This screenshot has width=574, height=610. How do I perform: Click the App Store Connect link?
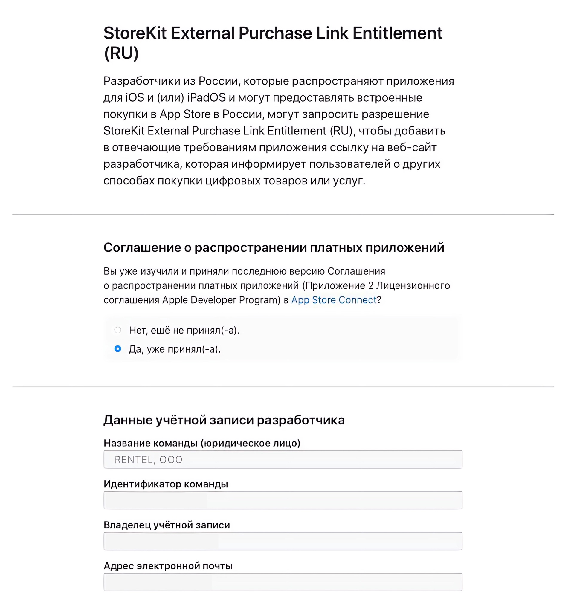click(x=334, y=300)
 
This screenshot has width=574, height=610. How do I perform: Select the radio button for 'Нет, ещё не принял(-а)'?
click(x=117, y=330)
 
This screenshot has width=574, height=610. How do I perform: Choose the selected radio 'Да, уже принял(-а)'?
click(x=117, y=349)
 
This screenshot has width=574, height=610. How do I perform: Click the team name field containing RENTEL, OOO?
click(x=283, y=459)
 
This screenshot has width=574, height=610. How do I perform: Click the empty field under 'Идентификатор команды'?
click(x=283, y=500)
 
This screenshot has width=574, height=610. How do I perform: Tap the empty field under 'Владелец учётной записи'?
click(x=283, y=541)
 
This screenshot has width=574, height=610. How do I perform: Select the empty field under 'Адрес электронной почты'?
click(x=283, y=582)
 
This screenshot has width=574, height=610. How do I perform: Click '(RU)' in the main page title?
click(x=121, y=53)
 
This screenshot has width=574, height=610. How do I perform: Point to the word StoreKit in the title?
click(x=135, y=33)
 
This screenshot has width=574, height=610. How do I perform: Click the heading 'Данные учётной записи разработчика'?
click(x=224, y=420)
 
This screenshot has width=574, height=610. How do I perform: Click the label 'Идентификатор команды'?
click(x=166, y=484)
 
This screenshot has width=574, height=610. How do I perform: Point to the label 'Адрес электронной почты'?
click(x=168, y=566)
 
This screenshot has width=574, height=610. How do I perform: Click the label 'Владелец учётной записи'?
click(x=167, y=525)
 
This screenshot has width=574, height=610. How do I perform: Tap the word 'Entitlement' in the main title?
click(x=397, y=33)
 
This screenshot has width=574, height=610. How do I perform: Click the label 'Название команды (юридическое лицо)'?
click(x=202, y=443)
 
